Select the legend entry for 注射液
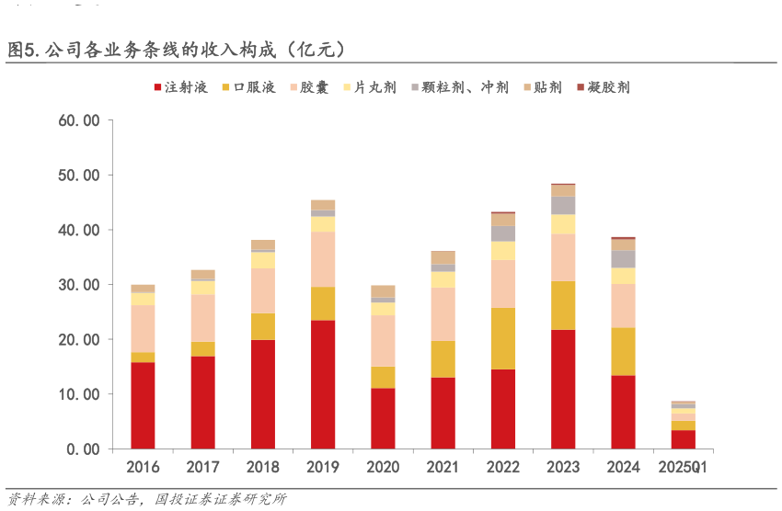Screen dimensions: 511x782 coord(180,87)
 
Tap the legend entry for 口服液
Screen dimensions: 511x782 coord(247,87)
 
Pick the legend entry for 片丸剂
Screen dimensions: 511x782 coord(369,87)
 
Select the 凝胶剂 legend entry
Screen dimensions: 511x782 coord(603,87)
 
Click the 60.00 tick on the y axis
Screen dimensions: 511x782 coord(78,120)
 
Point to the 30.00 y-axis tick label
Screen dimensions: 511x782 coord(78,285)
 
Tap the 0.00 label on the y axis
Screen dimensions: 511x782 coord(83,449)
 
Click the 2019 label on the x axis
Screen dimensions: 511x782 coord(323,467)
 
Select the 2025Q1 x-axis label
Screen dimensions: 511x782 coord(683,467)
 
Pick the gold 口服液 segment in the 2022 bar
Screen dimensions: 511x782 coord(503,338)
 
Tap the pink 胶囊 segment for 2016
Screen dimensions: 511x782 coord(143,328)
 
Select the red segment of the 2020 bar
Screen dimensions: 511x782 coord(383,418)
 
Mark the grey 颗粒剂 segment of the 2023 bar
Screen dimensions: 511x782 coord(563,205)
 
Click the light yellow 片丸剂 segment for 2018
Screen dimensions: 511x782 coord(263,260)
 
